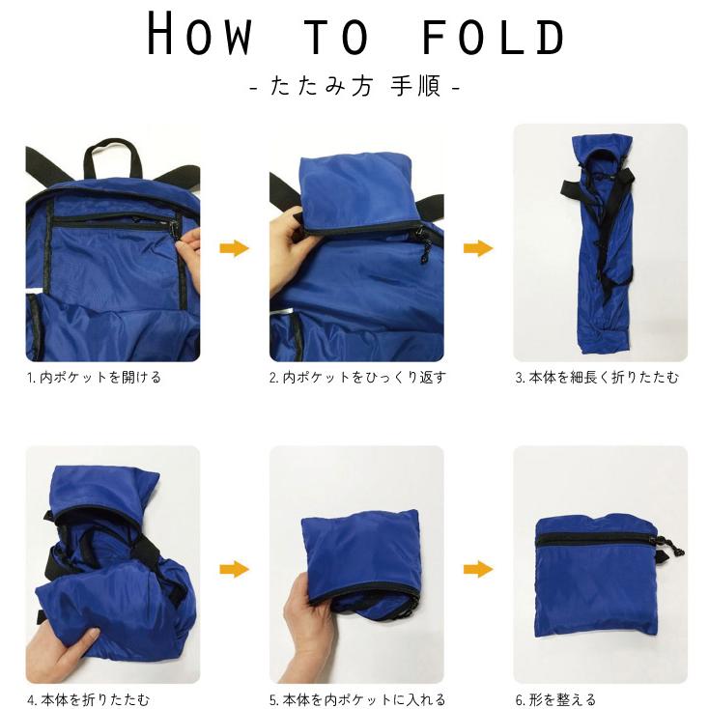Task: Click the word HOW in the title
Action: tap(199, 34)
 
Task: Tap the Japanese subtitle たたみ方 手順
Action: tap(354, 86)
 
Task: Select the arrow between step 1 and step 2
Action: tap(234, 248)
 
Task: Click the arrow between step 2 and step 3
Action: tap(478, 248)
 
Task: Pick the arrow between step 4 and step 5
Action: tap(234, 569)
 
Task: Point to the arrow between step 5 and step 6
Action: tap(478, 569)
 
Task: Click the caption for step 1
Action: tap(94, 377)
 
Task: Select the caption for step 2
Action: tap(357, 377)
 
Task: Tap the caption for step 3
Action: tap(597, 377)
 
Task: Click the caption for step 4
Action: tap(88, 699)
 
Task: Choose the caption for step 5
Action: tap(357, 699)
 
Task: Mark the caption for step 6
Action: tap(555, 699)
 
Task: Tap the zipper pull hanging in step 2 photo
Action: tap(424, 248)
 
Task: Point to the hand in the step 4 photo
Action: tap(63, 651)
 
